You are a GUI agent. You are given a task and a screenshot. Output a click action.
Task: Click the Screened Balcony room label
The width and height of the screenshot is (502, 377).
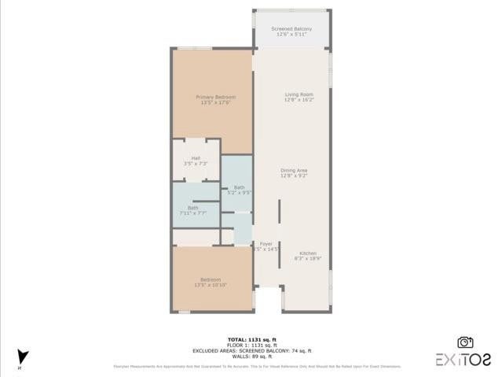[x=291, y=29]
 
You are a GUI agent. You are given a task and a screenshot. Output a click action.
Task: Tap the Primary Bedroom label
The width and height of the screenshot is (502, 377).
[x=215, y=97]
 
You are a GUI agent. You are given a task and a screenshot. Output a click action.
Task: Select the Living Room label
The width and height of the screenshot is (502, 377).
[x=299, y=94]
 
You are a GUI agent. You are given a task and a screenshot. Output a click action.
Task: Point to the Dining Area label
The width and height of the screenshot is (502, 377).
[x=294, y=170]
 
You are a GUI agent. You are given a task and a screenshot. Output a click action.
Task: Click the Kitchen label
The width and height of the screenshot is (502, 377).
[x=307, y=253]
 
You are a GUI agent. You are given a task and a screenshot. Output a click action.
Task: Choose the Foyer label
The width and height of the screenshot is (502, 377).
[x=266, y=244]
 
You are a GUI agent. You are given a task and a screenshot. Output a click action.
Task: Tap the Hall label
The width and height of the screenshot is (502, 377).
[x=196, y=158]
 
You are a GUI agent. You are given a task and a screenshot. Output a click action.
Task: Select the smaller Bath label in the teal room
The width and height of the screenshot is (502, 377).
[x=239, y=187]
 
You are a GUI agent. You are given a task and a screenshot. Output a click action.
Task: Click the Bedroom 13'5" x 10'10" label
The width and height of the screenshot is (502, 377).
[x=210, y=279]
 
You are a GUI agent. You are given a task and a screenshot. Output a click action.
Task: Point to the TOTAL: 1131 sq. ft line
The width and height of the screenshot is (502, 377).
[x=251, y=339]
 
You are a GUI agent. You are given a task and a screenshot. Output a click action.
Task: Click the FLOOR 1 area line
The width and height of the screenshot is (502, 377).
[x=251, y=345]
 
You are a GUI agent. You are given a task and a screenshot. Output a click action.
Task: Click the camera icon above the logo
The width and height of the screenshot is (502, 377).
[x=465, y=342]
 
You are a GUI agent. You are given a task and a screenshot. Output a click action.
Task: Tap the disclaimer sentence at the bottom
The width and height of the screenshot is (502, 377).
[x=256, y=366]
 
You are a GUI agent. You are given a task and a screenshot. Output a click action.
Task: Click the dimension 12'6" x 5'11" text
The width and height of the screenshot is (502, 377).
[x=291, y=35]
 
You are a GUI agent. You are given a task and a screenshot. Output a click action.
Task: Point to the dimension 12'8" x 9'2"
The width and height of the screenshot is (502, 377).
[x=294, y=176]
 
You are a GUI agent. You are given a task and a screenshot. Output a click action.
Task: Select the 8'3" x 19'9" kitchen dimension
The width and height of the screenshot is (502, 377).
[x=307, y=258]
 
